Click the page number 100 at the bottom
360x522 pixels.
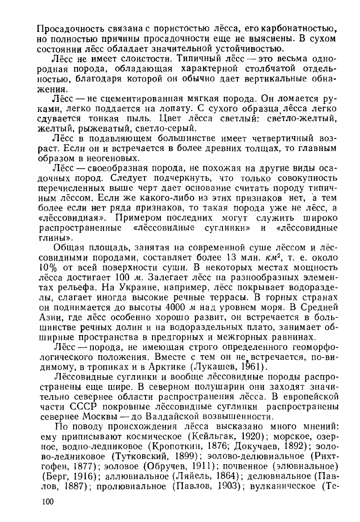point(47,501)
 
